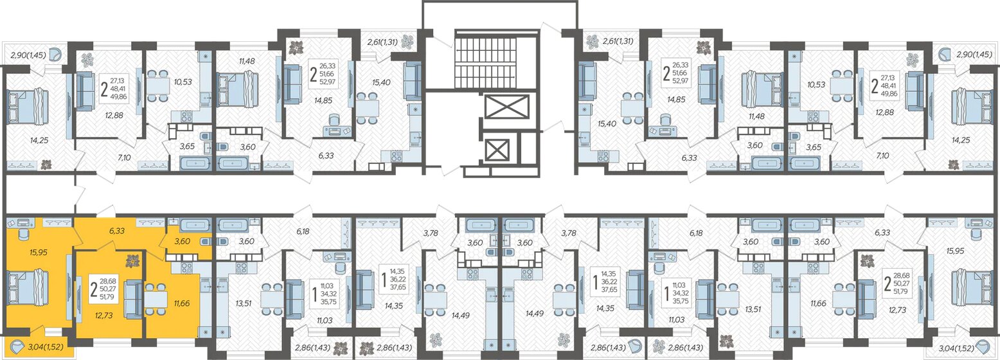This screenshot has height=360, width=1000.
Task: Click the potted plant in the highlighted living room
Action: tap(132, 261)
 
